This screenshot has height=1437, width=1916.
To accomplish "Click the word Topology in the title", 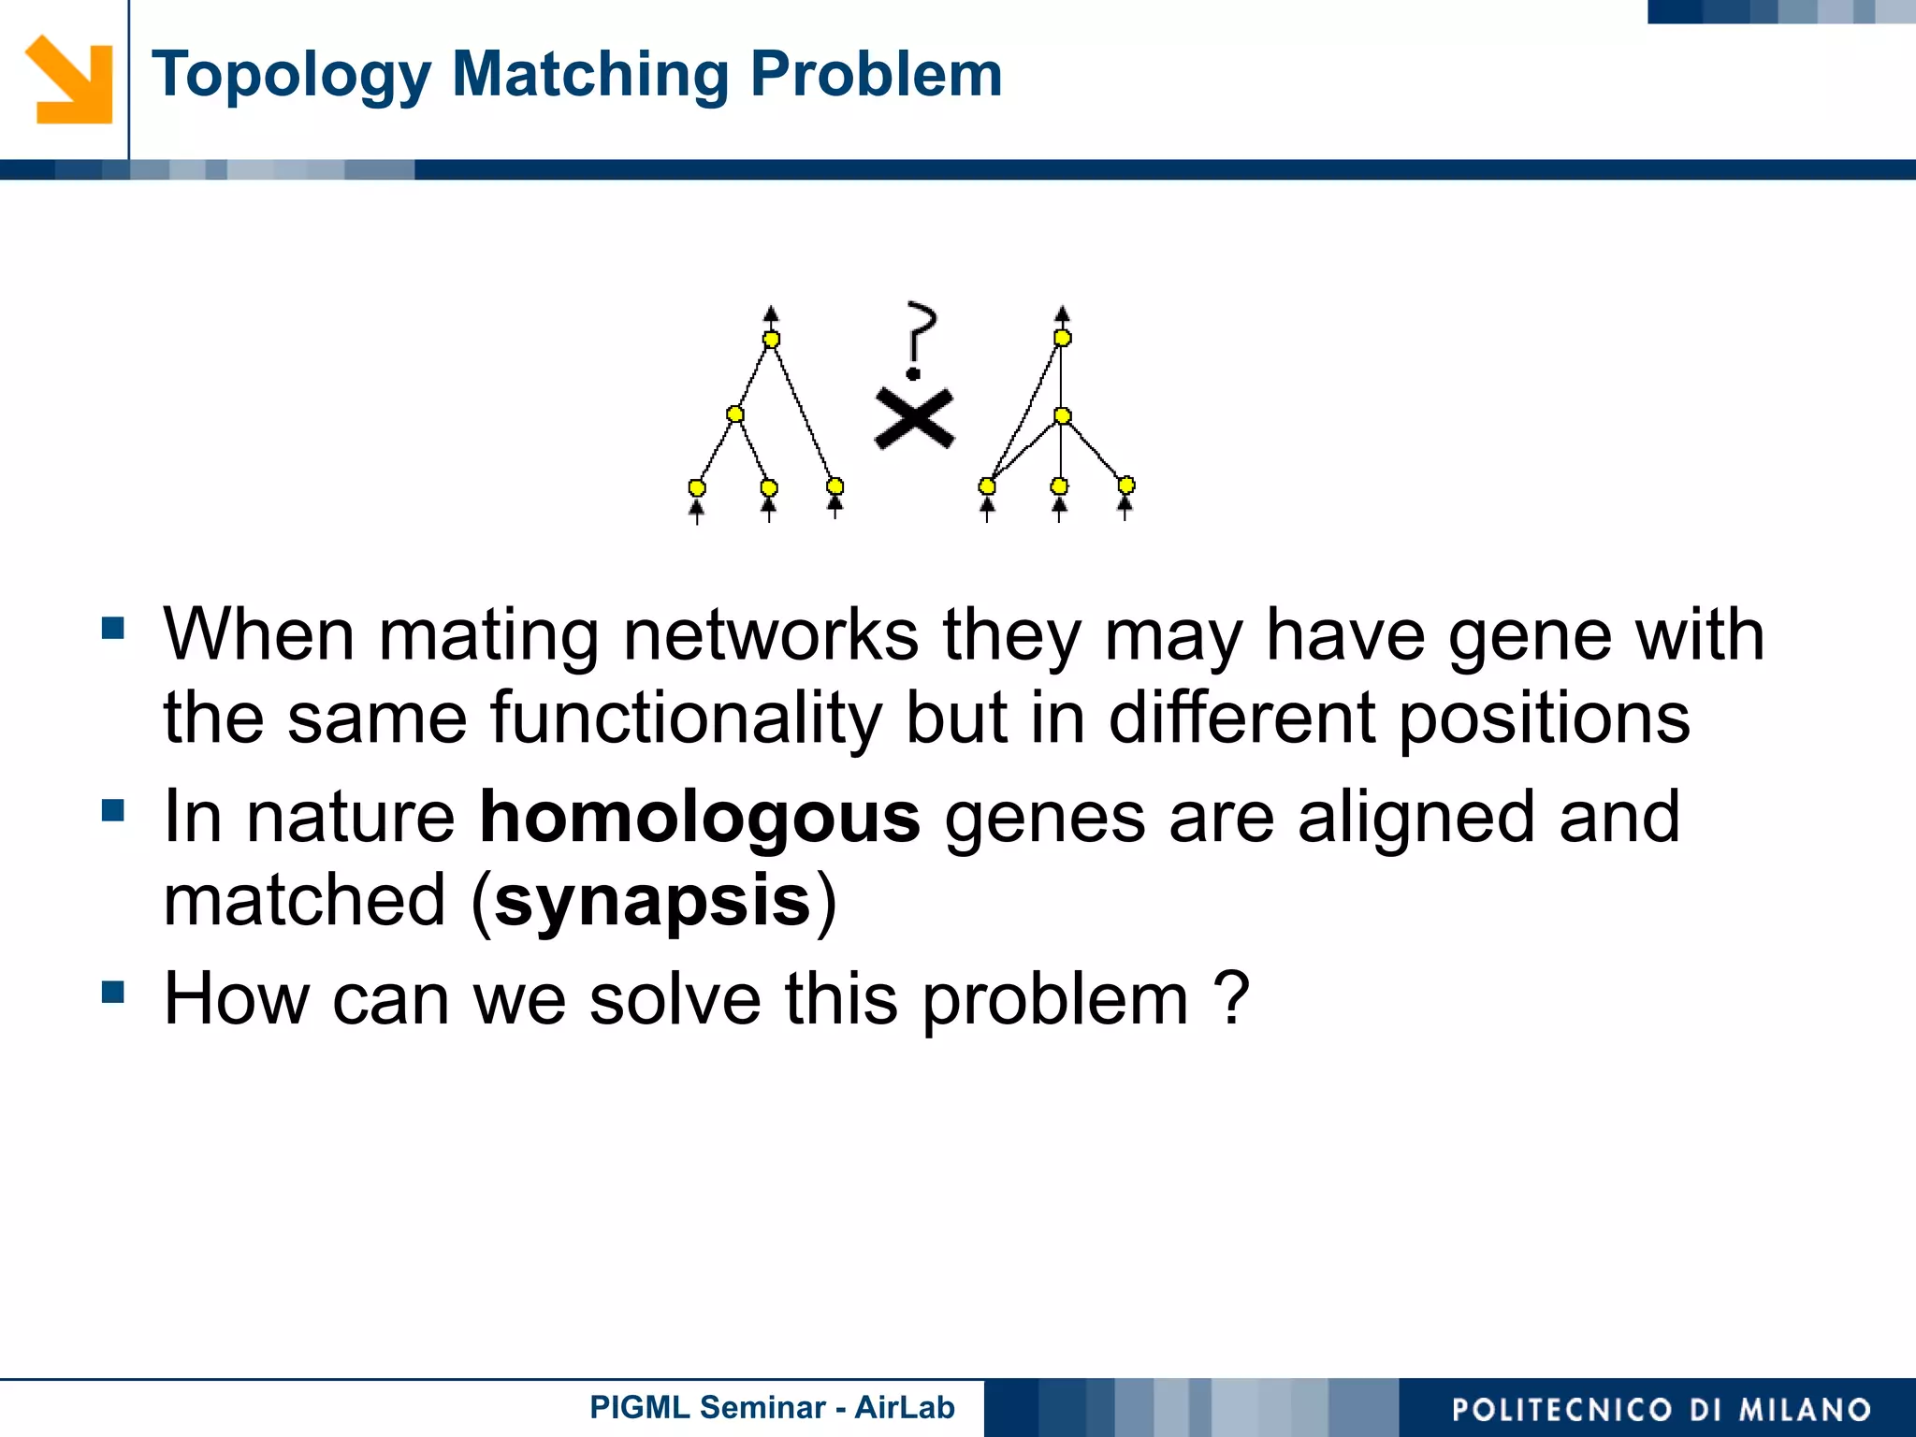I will pyautogui.click(x=291, y=75).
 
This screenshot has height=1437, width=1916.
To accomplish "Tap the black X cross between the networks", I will pyautogui.click(x=914, y=418).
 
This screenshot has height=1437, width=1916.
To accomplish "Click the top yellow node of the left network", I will pyautogui.click(x=771, y=340).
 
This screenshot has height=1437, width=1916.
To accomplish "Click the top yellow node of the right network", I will pyautogui.click(x=1062, y=338).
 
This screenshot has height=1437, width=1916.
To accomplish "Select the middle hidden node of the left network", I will pyautogui.click(x=735, y=414).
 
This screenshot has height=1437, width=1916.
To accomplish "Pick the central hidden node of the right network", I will pyautogui.click(x=1062, y=415).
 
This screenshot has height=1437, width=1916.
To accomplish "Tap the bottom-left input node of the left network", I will pyautogui.click(x=697, y=487).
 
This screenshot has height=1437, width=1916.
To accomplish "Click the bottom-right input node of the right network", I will pyautogui.click(x=1126, y=485).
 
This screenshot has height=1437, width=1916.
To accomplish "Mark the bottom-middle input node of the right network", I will pyautogui.click(x=1059, y=486).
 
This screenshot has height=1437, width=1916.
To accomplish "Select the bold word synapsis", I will pyautogui.click(x=652, y=901).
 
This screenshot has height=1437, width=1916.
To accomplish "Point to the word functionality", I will pyautogui.click(x=686, y=718).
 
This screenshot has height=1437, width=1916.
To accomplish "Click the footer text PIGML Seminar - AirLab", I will pyautogui.click(x=772, y=1407).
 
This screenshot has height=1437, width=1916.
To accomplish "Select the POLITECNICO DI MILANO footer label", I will pyautogui.click(x=1661, y=1409).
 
